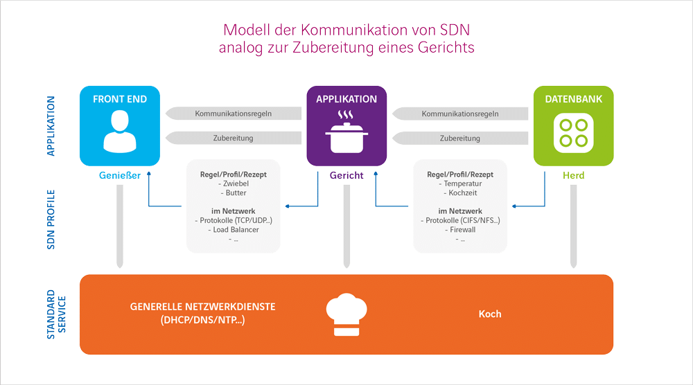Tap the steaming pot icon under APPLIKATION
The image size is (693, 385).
coord(346,133)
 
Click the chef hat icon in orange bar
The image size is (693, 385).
coord(346,314)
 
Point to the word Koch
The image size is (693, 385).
coord(489,314)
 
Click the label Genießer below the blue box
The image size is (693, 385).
coord(119,175)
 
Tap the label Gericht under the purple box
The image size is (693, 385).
coord(346,175)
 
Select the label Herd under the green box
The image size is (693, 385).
coord(572,175)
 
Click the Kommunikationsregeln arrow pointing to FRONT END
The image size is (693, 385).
coord(232,114)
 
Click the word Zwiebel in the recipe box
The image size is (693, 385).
coord(233,184)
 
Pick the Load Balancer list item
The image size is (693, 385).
coord(233,229)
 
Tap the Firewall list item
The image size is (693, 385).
coord(459,229)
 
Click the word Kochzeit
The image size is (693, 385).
coord(459,193)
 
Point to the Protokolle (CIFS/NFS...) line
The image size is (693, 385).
coord(459,220)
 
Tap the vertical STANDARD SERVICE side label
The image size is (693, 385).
coord(55,314)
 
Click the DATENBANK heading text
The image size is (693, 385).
coord(572,99)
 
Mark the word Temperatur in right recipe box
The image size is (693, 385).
coord(459,184)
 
